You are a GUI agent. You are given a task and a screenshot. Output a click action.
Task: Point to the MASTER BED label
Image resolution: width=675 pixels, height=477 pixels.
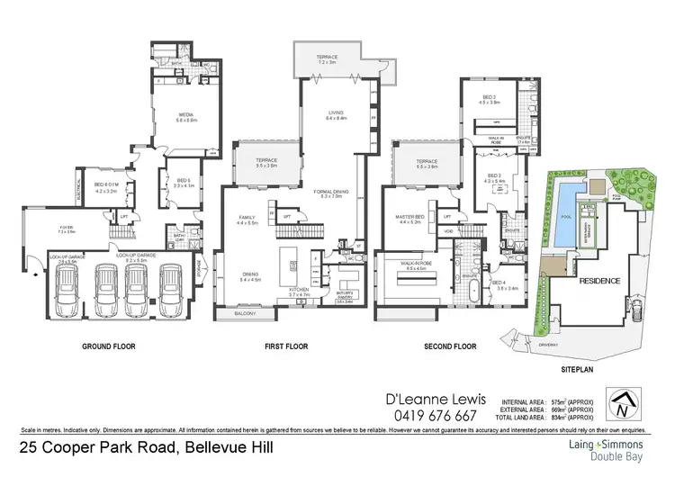409,217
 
